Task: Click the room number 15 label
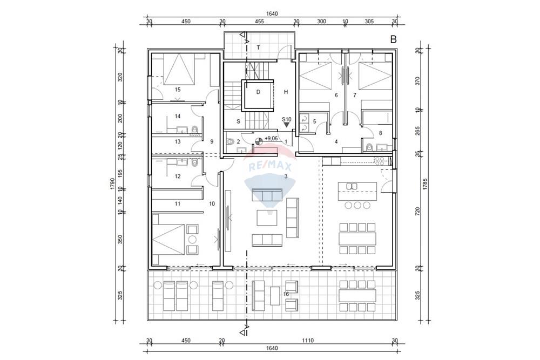coord(177,90)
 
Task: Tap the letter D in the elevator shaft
coord(258,92)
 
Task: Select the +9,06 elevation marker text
coord(271,138)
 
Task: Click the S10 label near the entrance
coord(287,119)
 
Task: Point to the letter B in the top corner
coord(393,39)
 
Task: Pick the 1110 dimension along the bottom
coord(308,341)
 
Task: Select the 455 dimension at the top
coord(259,22)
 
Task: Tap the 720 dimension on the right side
coord(418,212)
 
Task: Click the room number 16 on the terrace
coord(286,294)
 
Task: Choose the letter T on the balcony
coord(258,48)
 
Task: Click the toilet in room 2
coord(230,141)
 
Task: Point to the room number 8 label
coord(380,133)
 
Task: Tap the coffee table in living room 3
coord(267,218)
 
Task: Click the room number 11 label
coord(177,203)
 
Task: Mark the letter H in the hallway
coord(286,92)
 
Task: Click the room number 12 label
coord(177,176)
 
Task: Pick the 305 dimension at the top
coord(369,22)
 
